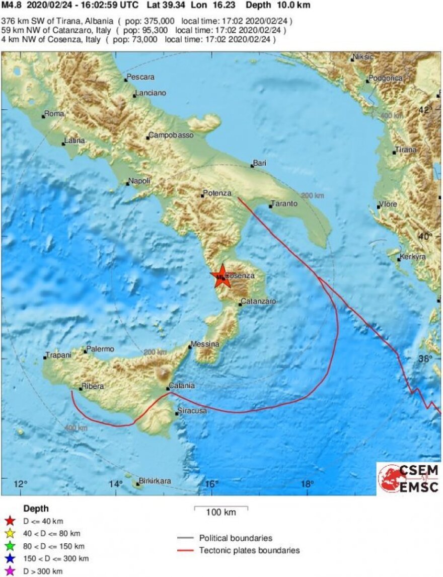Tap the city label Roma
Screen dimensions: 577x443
54,114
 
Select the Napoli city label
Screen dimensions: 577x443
139,181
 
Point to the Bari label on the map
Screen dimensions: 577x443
260,163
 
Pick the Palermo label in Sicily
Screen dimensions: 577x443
100,349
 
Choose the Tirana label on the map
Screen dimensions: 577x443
406,150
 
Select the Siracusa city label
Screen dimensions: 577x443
193,411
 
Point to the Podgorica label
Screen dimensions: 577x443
386,78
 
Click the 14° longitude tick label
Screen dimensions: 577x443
115,484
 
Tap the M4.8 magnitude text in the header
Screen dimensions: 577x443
11,6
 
